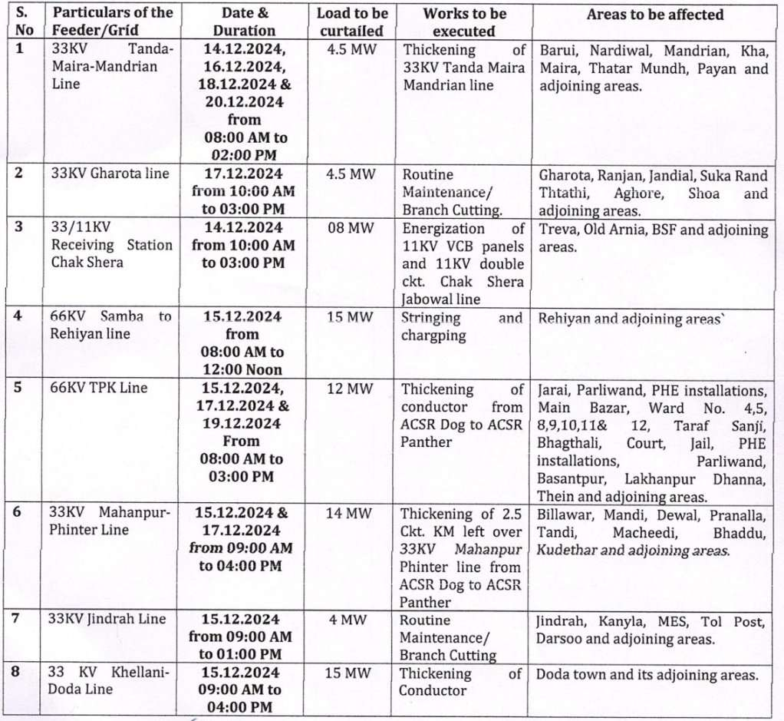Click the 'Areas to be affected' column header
point(654,15)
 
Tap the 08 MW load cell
point(350,228)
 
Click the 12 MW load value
point(350,389)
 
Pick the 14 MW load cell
point(350,513)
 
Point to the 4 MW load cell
point(350,619)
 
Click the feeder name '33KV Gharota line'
point(110,174)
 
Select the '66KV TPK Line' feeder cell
point(99,388)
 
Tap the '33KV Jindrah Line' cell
point(108,619)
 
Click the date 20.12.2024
point(243,102)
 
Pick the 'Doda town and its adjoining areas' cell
point(647,675)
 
